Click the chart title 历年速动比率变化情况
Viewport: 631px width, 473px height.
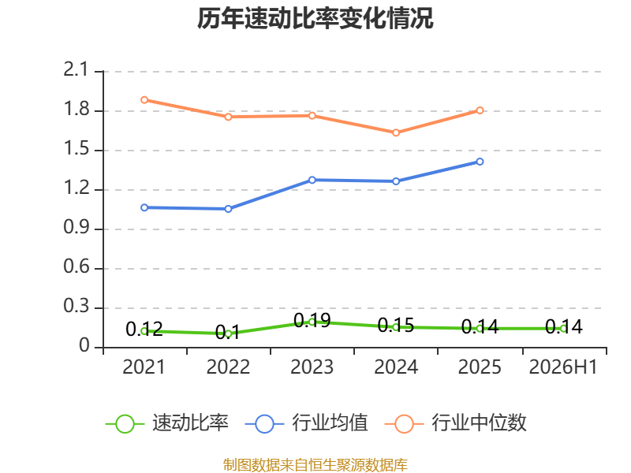click(x=315, y=18)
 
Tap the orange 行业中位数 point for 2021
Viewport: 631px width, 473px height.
click(x=144, y=100)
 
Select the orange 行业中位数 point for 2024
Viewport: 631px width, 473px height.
click(x=396, y=132)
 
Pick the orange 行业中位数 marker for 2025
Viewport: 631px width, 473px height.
click(x=480, y=110)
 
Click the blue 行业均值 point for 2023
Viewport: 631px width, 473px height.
click(x=312, y=180)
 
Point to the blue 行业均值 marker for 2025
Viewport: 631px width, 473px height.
click(x=480, y=162)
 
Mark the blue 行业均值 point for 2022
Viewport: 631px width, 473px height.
click(x=228, y=209)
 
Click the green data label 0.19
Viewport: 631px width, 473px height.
click(x=312, y=321)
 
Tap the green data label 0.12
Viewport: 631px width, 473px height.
click(x=144, y=329)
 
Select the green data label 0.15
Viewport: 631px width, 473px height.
click(x=396, y=325)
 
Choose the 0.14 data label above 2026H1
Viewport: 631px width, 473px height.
click(x=564, y=326)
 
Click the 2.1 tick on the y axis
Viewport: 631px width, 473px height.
click(x=76, y=69)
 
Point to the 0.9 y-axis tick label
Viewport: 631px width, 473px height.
click(x=77, y=227)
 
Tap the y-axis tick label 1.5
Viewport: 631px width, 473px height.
click(x=77, y=148)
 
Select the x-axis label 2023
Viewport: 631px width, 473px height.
click(x=312, y=367)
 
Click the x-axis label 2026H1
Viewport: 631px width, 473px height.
click(x=563, y=367)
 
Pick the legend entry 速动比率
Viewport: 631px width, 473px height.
click(x=167, y=423)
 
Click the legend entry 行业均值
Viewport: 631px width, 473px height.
click(x=307, y=423)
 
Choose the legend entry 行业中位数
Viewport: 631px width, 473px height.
click(x=456, y=423)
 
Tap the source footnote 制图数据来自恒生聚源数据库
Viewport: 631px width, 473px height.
click(x=315, y=465)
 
